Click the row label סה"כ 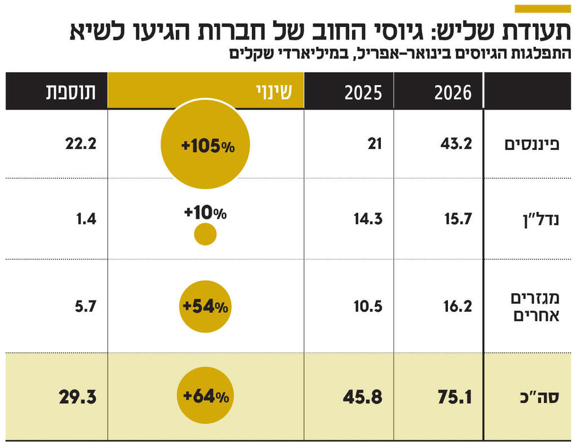pyautogui.click(x=542, y=397)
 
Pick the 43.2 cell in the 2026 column pyautogui.click(x=456, y=144)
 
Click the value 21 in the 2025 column pyautogui.click(x=375, y=144)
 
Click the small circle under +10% pyautogui.click(x=205, y=234)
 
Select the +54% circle pyautogui.click(x=205, y=307)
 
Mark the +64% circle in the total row pyautogui.click(x=205, y=397)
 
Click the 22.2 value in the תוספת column pyautogui.click(x=81, y=144)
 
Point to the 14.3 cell pyautogui.click(x=368, y=219)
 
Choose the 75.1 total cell pyautogui.click(x=455, y=397)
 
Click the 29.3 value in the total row pyautogui.click(x=78, y=397)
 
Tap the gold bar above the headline pyautogui.click(x=542, y=8)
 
